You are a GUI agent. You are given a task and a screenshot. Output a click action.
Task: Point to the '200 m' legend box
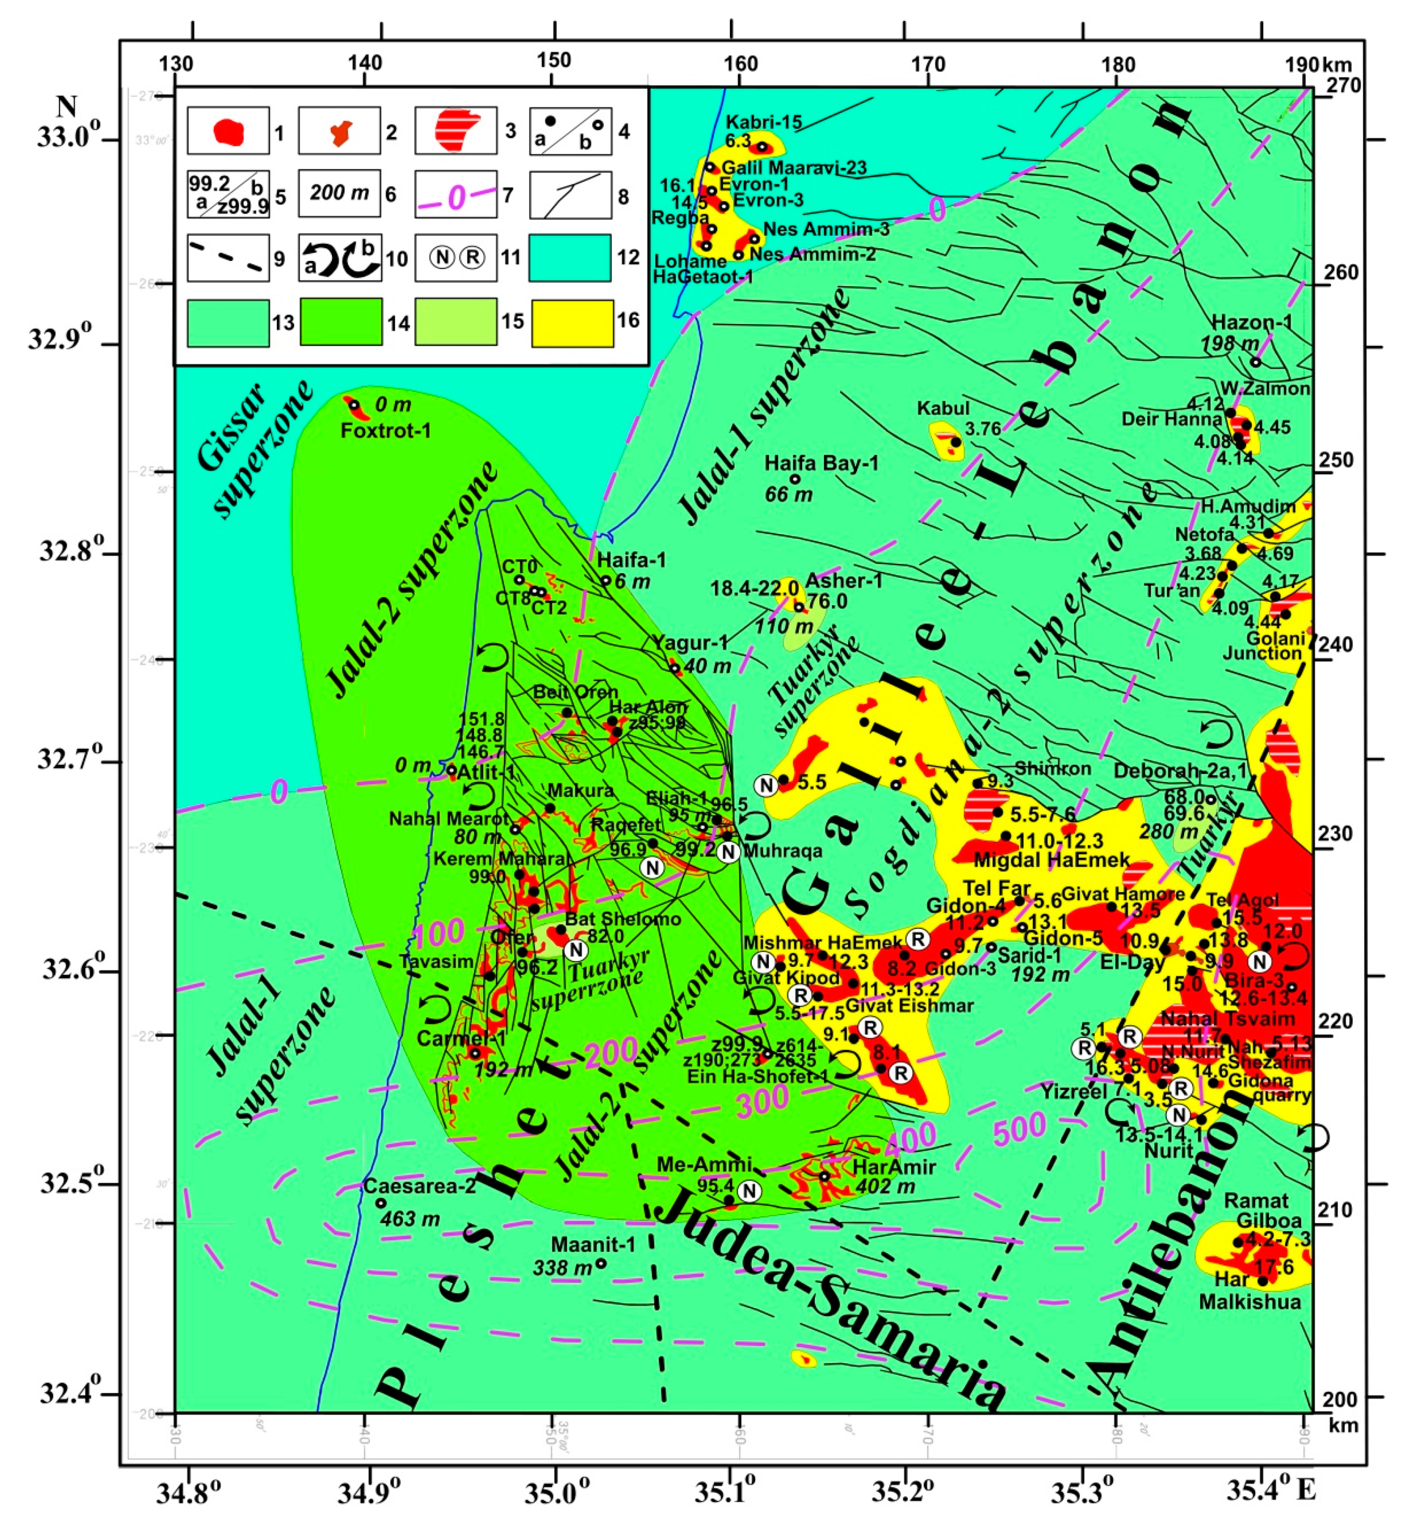pyautogui.click(x=339, y=193)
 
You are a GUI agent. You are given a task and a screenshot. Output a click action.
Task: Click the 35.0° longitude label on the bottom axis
pyautogui.click(x=554, y=1492)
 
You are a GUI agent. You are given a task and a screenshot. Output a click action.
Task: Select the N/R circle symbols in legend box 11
pyautogui.click(x=456, y=257)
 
